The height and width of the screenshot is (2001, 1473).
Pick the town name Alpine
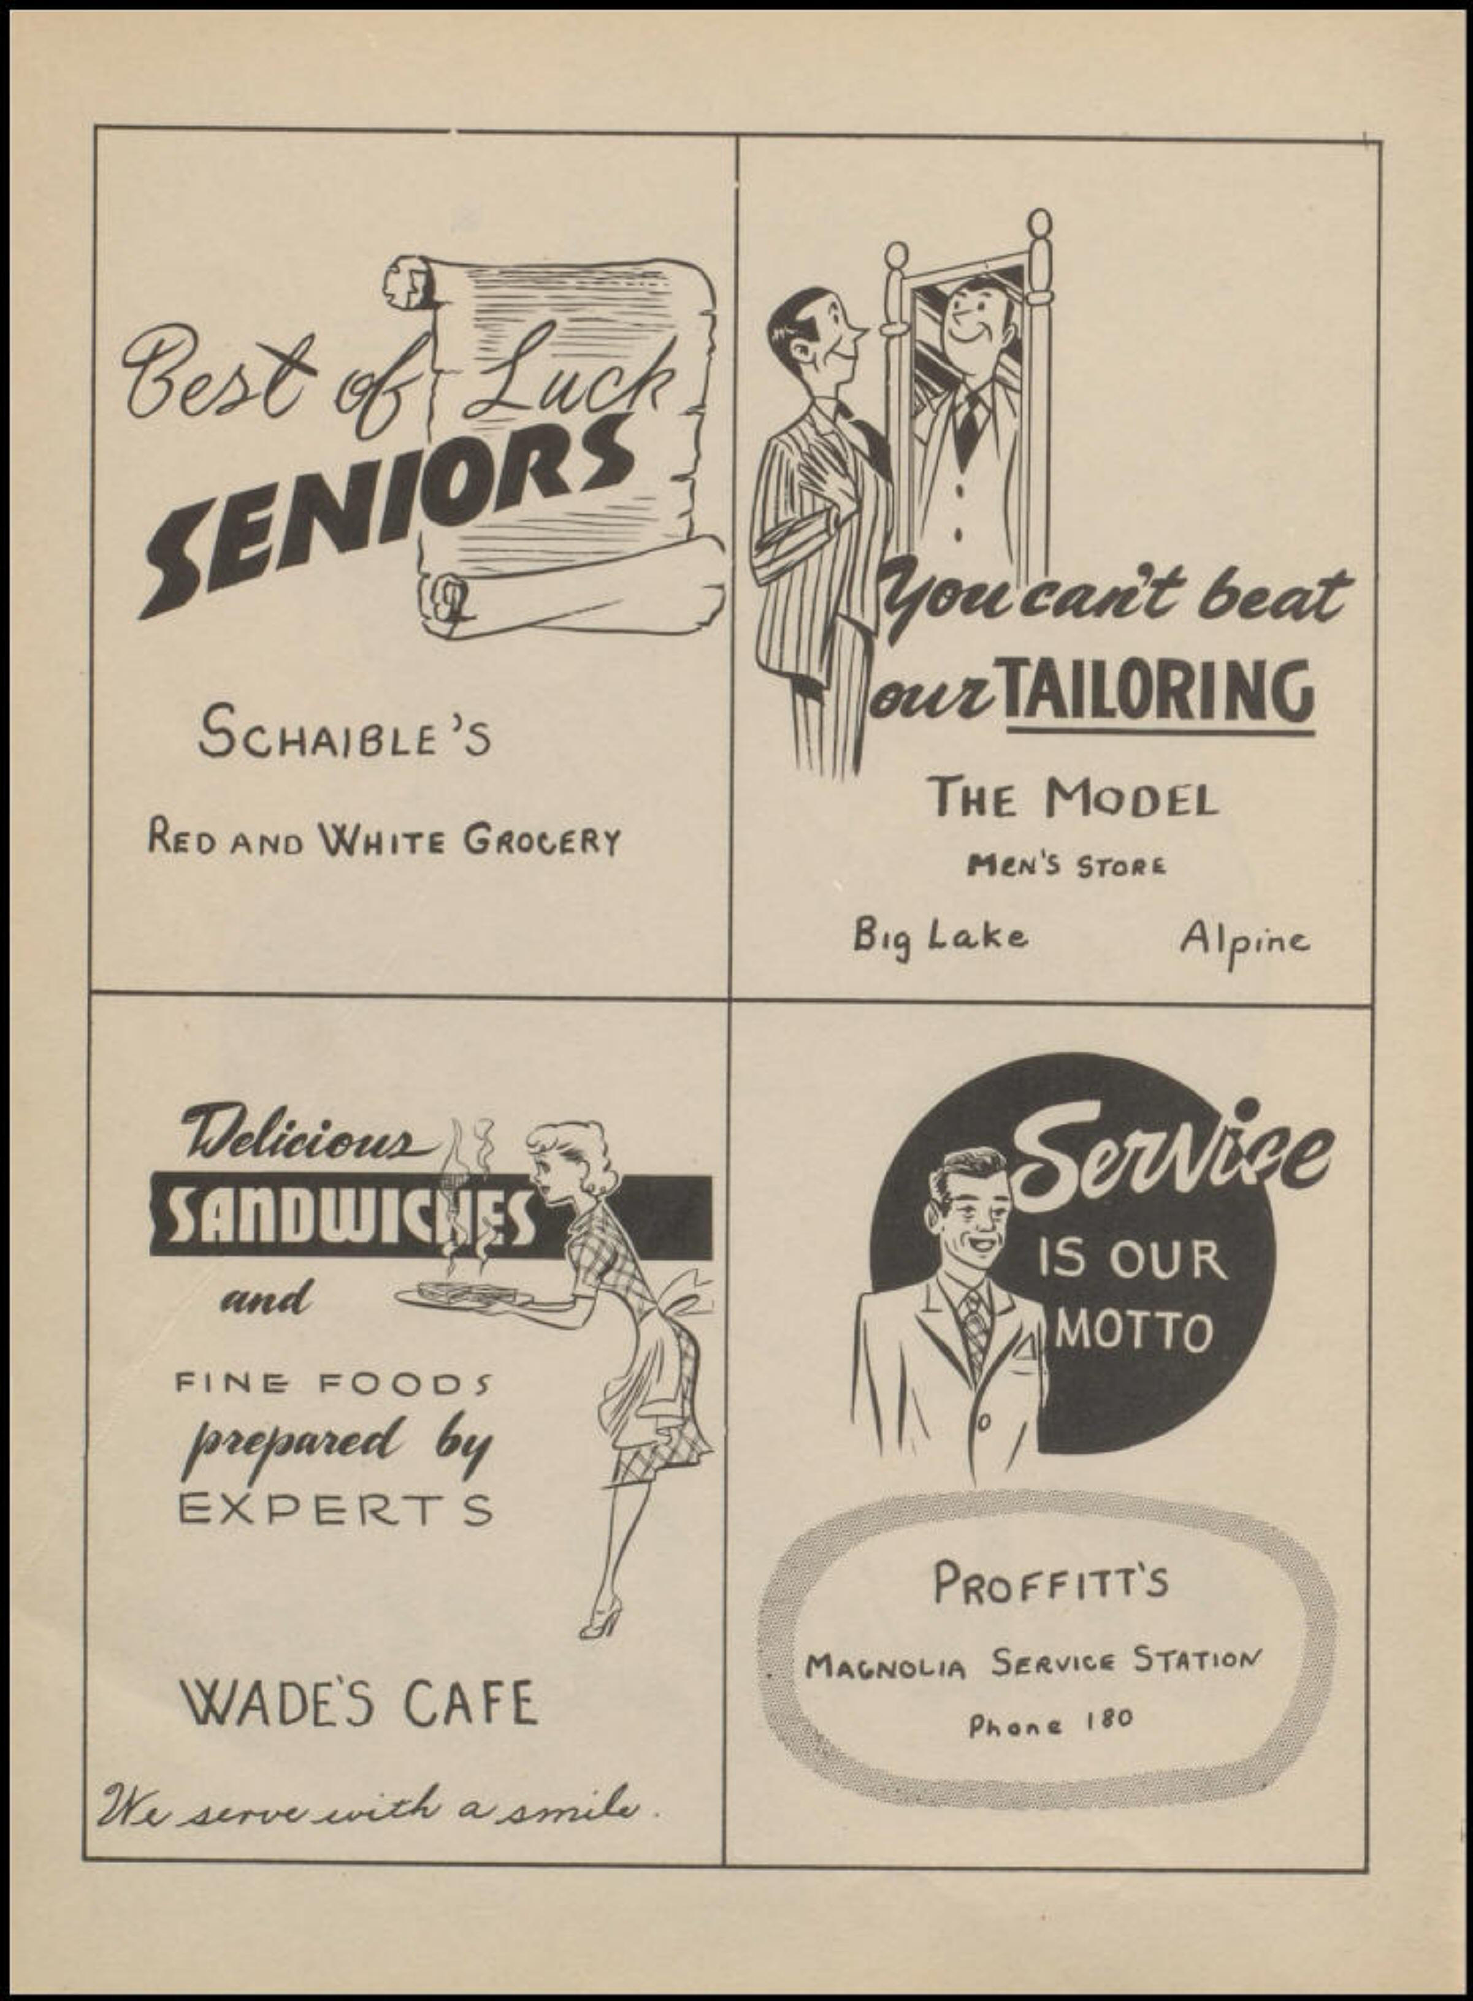[1245, 939]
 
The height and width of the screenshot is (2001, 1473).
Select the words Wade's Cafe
[360, 1704]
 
